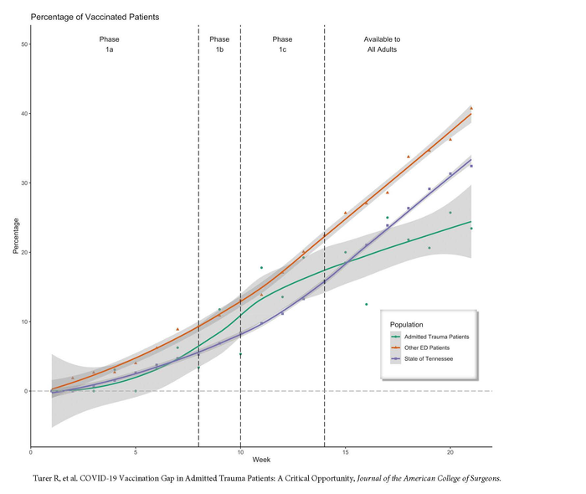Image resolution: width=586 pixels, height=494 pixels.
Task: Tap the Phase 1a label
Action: (110, 44)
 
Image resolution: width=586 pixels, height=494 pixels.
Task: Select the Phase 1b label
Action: (219, 44)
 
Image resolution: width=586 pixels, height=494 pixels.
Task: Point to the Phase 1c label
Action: (282, 44)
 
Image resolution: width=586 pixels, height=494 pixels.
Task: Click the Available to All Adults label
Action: (381, 44)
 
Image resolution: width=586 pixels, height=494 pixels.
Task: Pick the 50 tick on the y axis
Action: (23, 44)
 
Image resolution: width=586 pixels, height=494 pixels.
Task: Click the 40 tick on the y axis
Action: (23, 114)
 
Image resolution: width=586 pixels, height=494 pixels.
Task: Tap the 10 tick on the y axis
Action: (23, 322)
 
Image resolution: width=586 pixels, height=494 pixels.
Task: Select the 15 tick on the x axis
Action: (346, 454)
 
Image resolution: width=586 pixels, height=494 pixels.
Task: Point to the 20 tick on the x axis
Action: (450, 454)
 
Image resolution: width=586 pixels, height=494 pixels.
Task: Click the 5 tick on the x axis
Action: (136, 454)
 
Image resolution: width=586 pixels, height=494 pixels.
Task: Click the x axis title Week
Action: (261, 461)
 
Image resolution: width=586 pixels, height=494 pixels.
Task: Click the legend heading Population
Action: (406, 324)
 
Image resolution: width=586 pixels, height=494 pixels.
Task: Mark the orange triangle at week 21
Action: (471, 108)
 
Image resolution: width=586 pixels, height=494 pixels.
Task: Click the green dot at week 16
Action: (367, 304)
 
